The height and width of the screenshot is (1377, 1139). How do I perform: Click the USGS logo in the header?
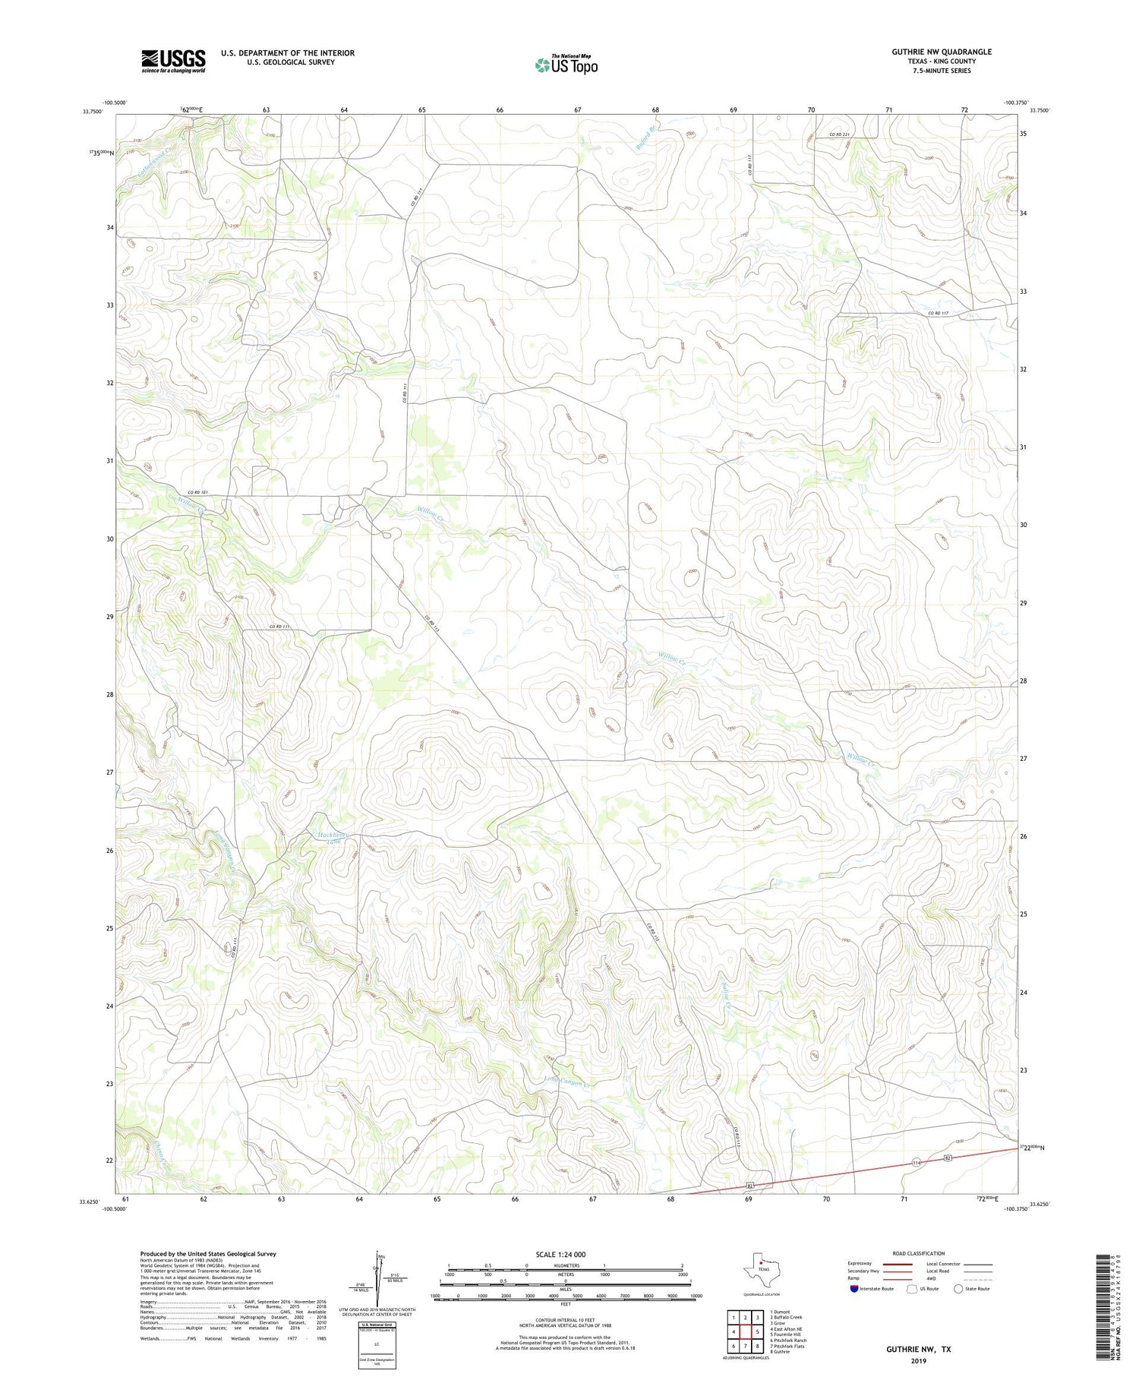(173, 61)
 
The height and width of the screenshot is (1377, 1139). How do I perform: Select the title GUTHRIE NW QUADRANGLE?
(942, 52)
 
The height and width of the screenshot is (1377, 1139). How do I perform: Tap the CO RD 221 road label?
(838, 134)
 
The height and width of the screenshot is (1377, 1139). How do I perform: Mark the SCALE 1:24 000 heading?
(560, 1254)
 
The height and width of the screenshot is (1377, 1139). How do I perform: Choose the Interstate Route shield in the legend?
(854, 1289)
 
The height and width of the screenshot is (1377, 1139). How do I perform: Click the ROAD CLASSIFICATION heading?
(919, 1253)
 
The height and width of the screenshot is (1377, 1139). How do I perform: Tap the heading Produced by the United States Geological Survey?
(208, 1254)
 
